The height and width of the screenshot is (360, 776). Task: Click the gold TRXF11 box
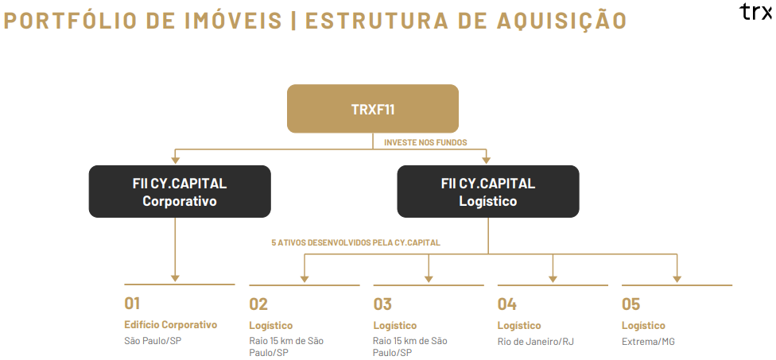373,109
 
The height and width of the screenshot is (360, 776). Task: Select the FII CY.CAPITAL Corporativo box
180,192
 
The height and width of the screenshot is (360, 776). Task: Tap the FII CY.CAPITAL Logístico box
488,192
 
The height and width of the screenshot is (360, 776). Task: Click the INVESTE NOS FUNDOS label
425,142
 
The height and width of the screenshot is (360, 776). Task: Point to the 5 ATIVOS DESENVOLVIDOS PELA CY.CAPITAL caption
355,243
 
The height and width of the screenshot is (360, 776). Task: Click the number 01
132,303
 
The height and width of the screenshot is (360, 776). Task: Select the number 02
258,304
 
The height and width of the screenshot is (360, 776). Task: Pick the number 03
382,304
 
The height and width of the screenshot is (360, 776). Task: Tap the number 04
506,304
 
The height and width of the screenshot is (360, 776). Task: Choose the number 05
631,304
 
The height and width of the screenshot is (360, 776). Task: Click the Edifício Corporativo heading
171,325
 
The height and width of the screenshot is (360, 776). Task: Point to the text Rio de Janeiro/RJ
535,342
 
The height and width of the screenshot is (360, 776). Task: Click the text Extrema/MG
648,342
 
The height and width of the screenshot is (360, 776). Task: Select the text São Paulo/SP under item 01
153,341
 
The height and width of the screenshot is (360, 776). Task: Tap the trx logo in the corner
756,11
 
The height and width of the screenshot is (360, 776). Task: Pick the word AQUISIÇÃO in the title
561,21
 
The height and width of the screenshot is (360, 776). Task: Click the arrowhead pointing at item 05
677,279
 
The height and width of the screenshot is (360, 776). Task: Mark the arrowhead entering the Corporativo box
175,161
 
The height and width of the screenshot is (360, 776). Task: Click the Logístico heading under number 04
519,325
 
